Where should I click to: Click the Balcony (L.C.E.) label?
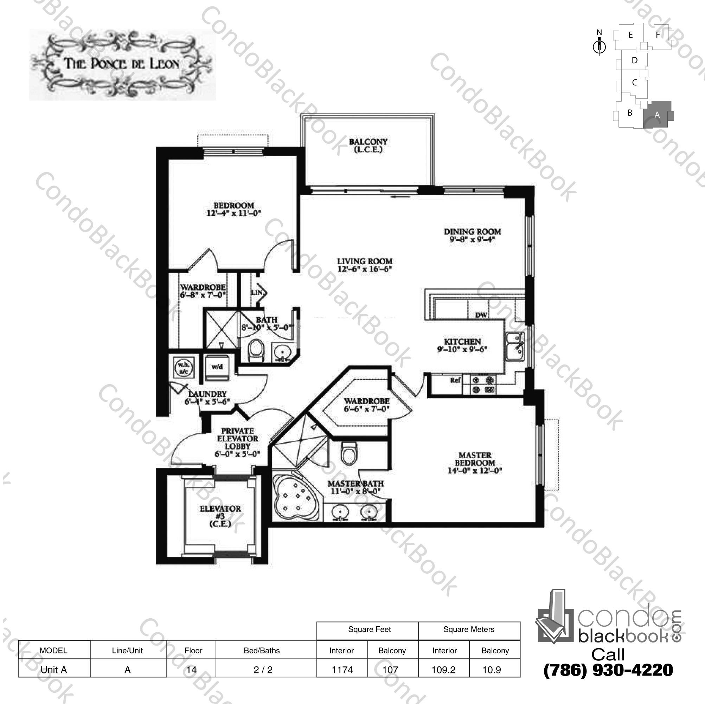click(x=368, y=146)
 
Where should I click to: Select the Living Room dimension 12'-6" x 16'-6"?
click(x=364, y=269)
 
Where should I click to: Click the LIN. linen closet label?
click(x=257, y=292)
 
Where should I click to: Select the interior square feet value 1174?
click(x=342, y=670)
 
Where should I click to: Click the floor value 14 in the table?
click(x=191, y=670)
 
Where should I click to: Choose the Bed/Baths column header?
click(x=262, y=650)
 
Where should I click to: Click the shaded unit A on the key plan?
click(x=657, y=114)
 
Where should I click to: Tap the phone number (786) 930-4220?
click(x=608, y=670)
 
